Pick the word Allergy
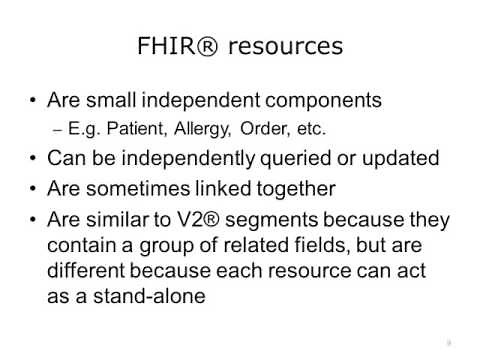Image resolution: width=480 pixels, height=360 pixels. click(x=184, y=128)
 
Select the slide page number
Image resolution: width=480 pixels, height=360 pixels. click(x=449, y=342)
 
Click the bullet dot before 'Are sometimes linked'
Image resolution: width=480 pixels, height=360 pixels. click(x=36, y=189)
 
